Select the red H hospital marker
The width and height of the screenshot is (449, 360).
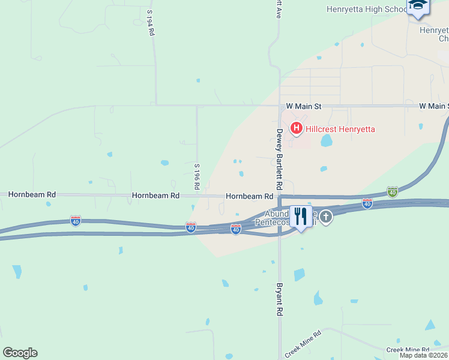click(x=296, y=128)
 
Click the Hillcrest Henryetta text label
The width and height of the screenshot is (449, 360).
click(x=340, y=128)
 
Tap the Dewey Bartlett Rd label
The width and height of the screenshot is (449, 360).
click(x=279, y=160)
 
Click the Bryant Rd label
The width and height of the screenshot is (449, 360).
click(x=279, y=299)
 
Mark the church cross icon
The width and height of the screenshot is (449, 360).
click(x=326, y=217)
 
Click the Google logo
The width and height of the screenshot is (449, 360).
click(x=20, y=353)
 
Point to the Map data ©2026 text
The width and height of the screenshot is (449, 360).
click(x=423, y=355)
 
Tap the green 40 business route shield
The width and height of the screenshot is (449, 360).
click(x=392, y=191)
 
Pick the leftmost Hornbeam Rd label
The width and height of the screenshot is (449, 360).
click(x=32, y=195)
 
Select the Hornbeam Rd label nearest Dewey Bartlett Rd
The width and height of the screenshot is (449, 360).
click(x=250, y=196)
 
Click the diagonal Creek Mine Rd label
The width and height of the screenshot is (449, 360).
click(x=303, y=344)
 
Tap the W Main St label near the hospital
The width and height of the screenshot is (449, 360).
click(x=304, y=106)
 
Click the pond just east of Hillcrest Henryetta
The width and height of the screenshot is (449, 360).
click(x=327, y=140)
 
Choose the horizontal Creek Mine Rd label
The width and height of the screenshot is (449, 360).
click(x=408, y=349)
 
